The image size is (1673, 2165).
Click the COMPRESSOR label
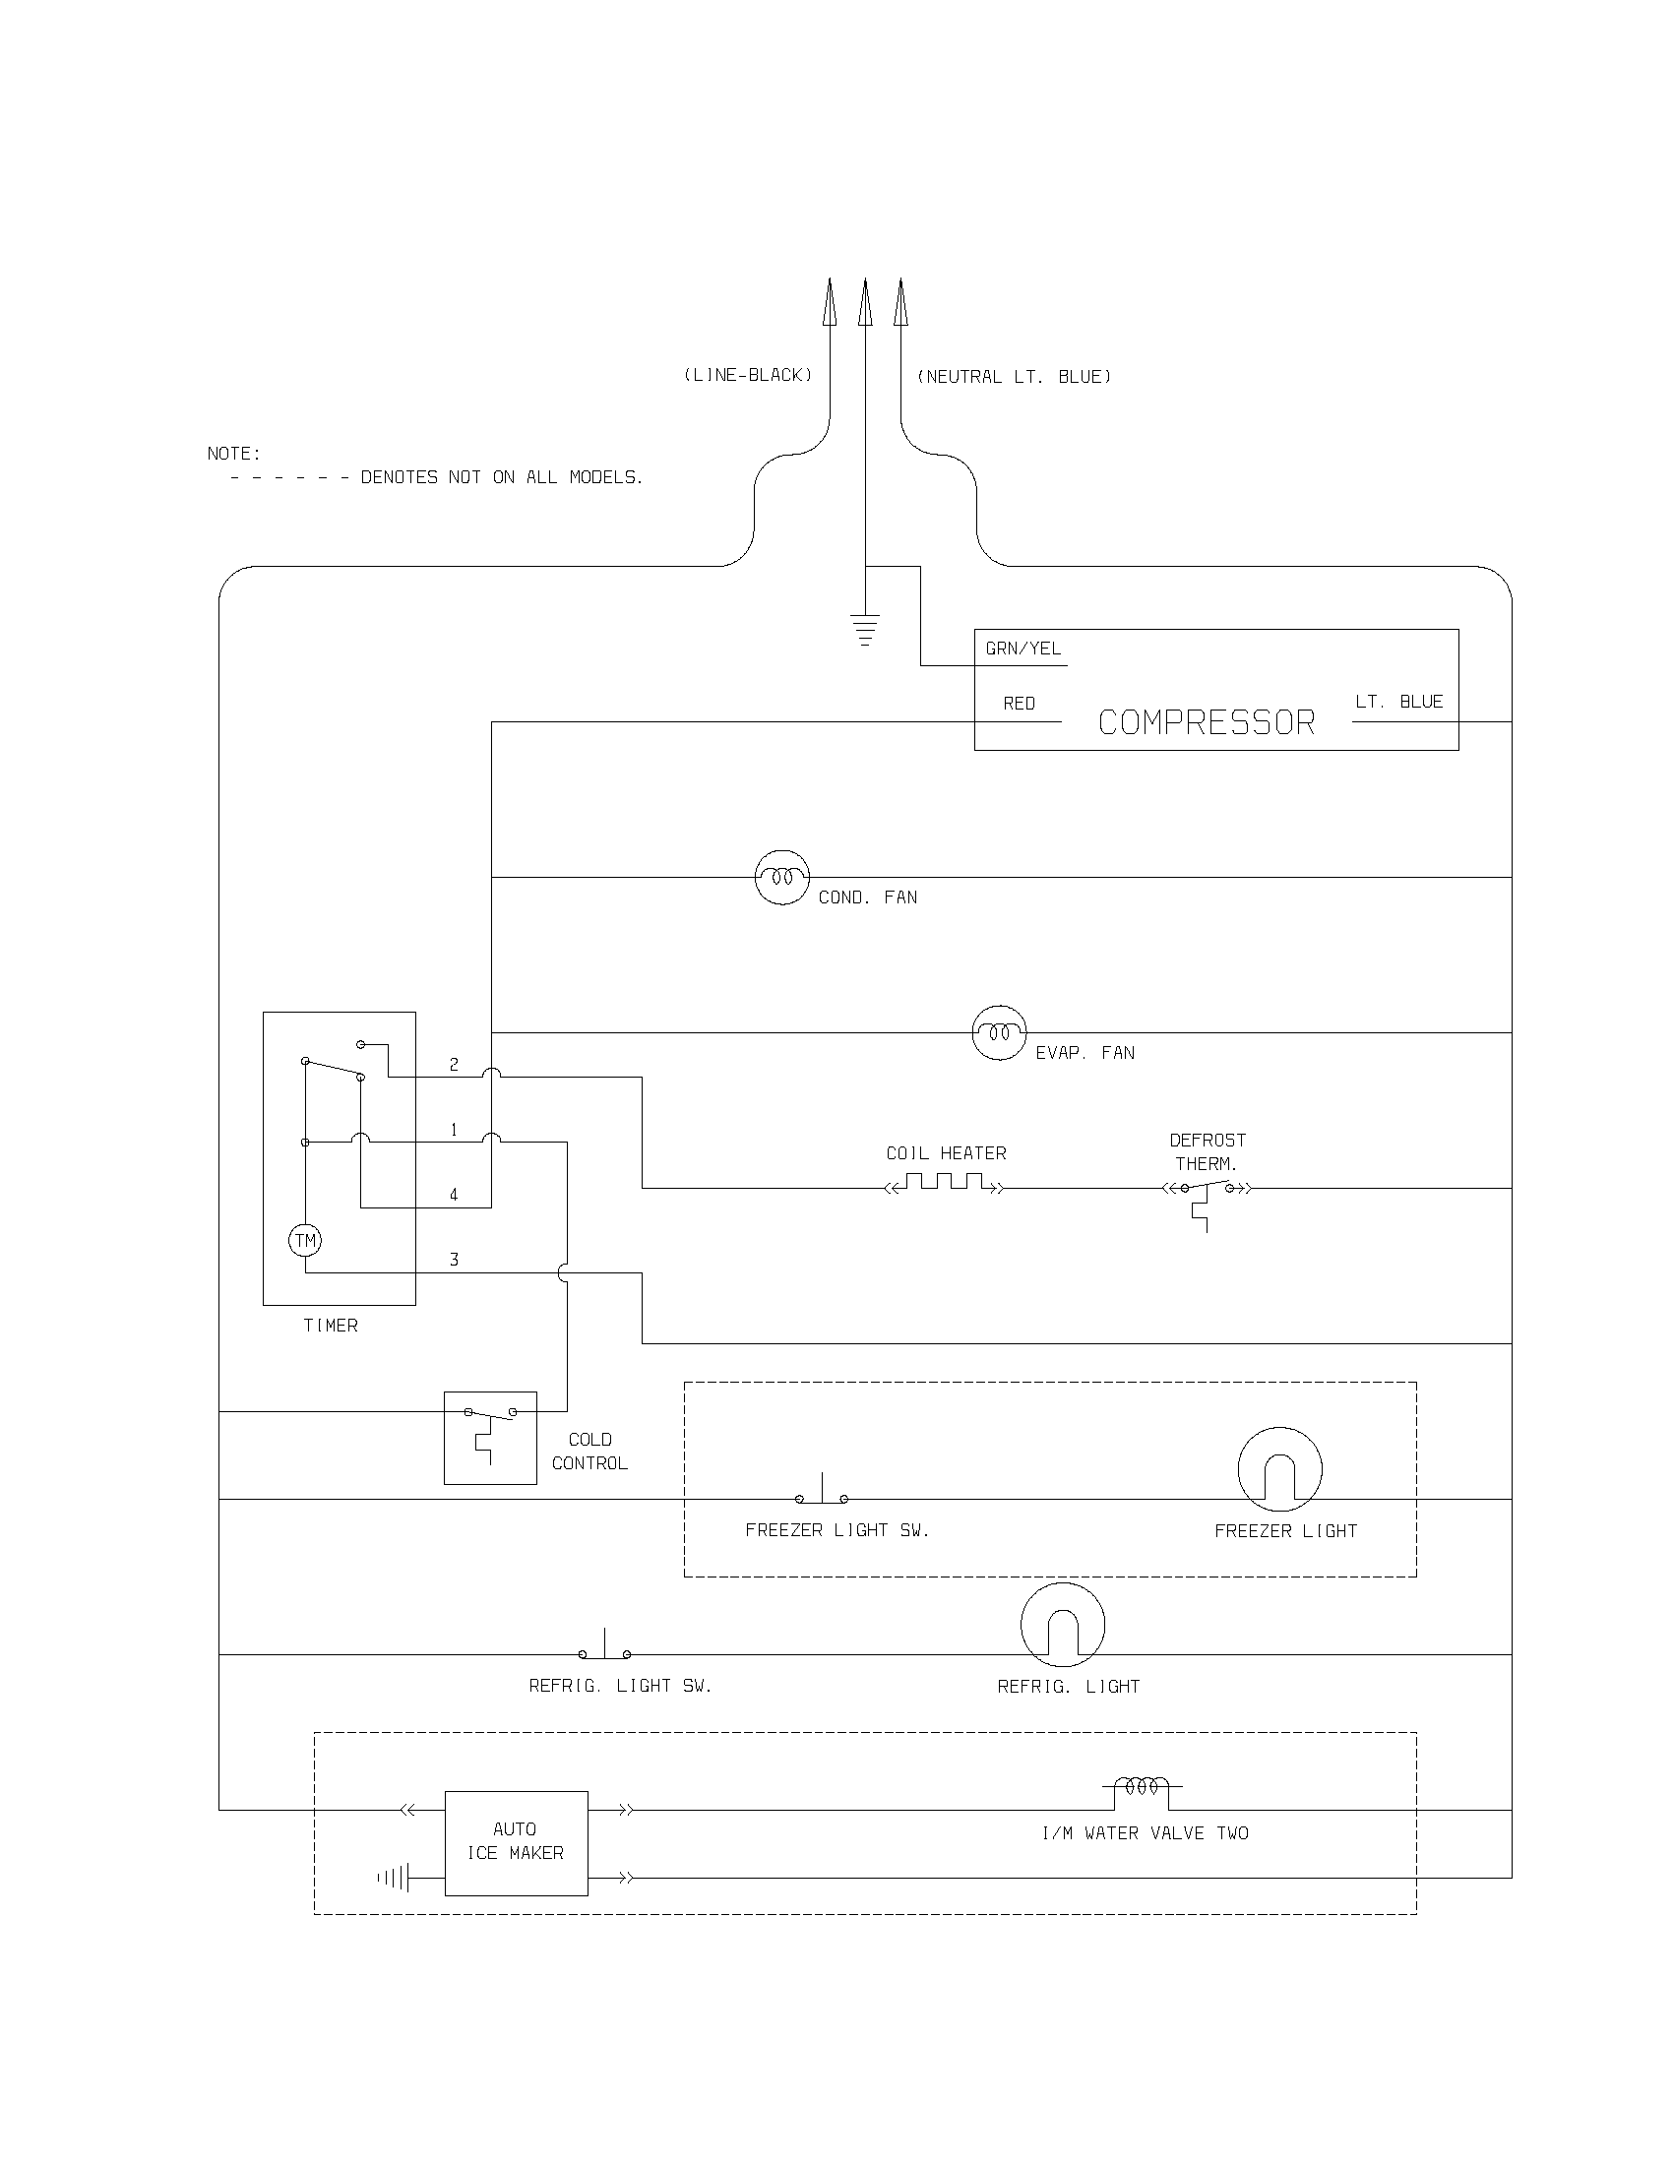pos(1207,722)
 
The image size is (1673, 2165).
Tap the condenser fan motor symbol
pos(782,877)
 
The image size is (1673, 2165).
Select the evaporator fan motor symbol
pos(999,1033)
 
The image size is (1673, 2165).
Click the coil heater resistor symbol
pos(945,1184)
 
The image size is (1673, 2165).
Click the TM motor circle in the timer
pos(305,1240)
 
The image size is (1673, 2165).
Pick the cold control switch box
pos(490,1438)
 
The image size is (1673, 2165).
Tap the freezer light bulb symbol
pos(1279,1470)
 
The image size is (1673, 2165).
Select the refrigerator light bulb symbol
pos(1063,1625)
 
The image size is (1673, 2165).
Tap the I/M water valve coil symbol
pos(1142,1789)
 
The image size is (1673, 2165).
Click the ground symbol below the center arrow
pos(865,631)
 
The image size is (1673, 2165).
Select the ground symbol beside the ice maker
pos(394,1878)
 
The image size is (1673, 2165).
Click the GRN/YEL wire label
pos(1022,649)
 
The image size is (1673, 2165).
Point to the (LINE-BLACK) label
pos(748,375)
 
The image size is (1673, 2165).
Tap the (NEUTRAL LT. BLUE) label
pos(1014,377)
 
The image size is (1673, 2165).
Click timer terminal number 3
pos(454,1260)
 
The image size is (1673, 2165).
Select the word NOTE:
pos(234,454)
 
